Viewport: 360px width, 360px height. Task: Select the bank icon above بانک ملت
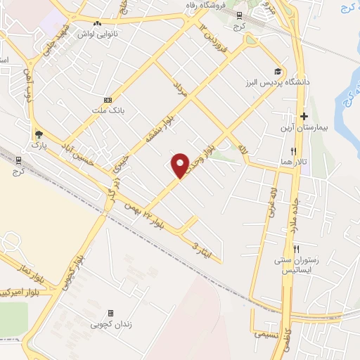click(108, 100)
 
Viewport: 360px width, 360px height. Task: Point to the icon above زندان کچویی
click(110, 314)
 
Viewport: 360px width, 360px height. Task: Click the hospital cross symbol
click(304, 117)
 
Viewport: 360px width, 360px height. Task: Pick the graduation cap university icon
click(278, 72)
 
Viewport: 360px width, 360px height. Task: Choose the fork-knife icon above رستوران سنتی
click(296, 249)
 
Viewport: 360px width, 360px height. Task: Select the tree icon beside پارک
click(38, 134)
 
